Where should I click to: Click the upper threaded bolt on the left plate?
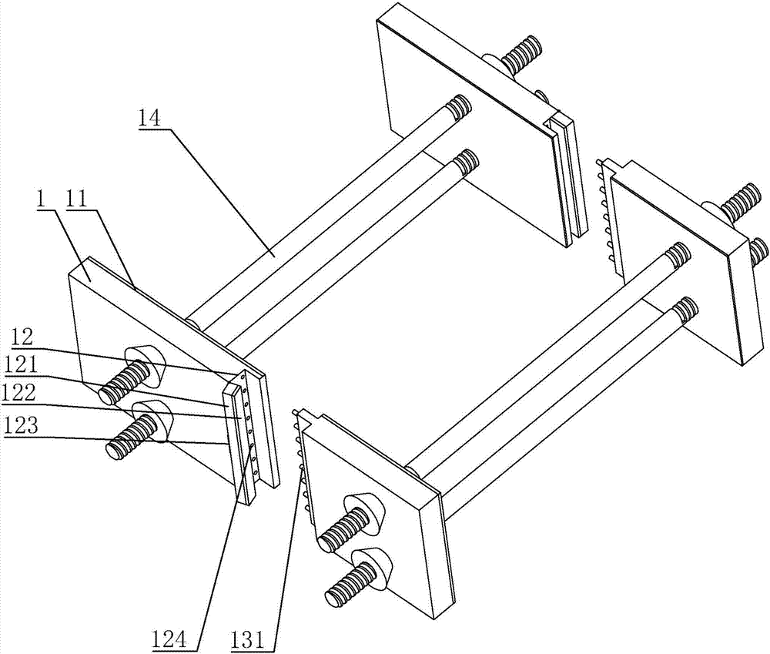click(x=128, y=381)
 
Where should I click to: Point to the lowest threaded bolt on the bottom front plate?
click(x=351, y=586)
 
